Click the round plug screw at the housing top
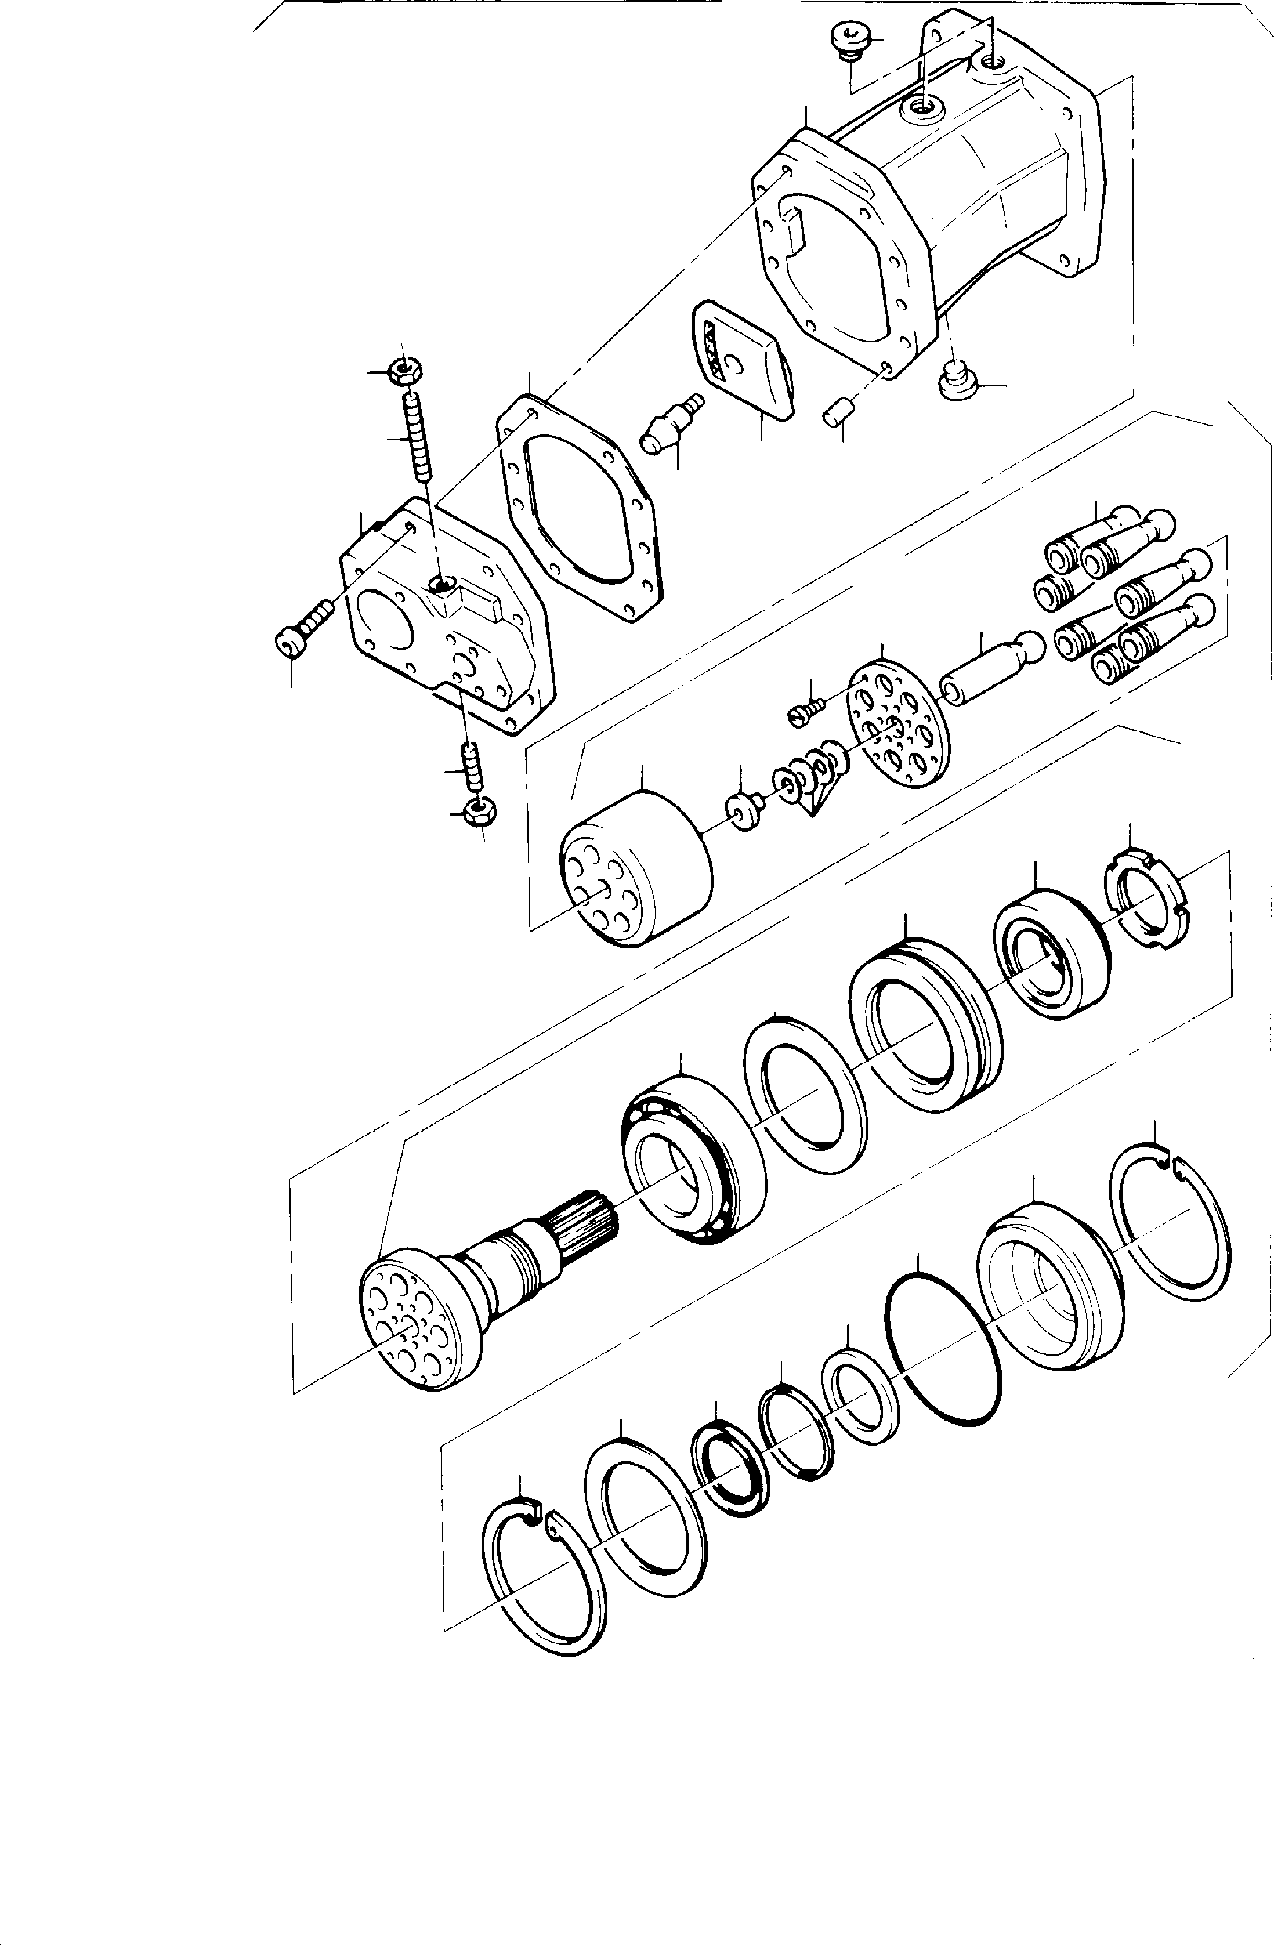pyautogui.click(x=844, y=40)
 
